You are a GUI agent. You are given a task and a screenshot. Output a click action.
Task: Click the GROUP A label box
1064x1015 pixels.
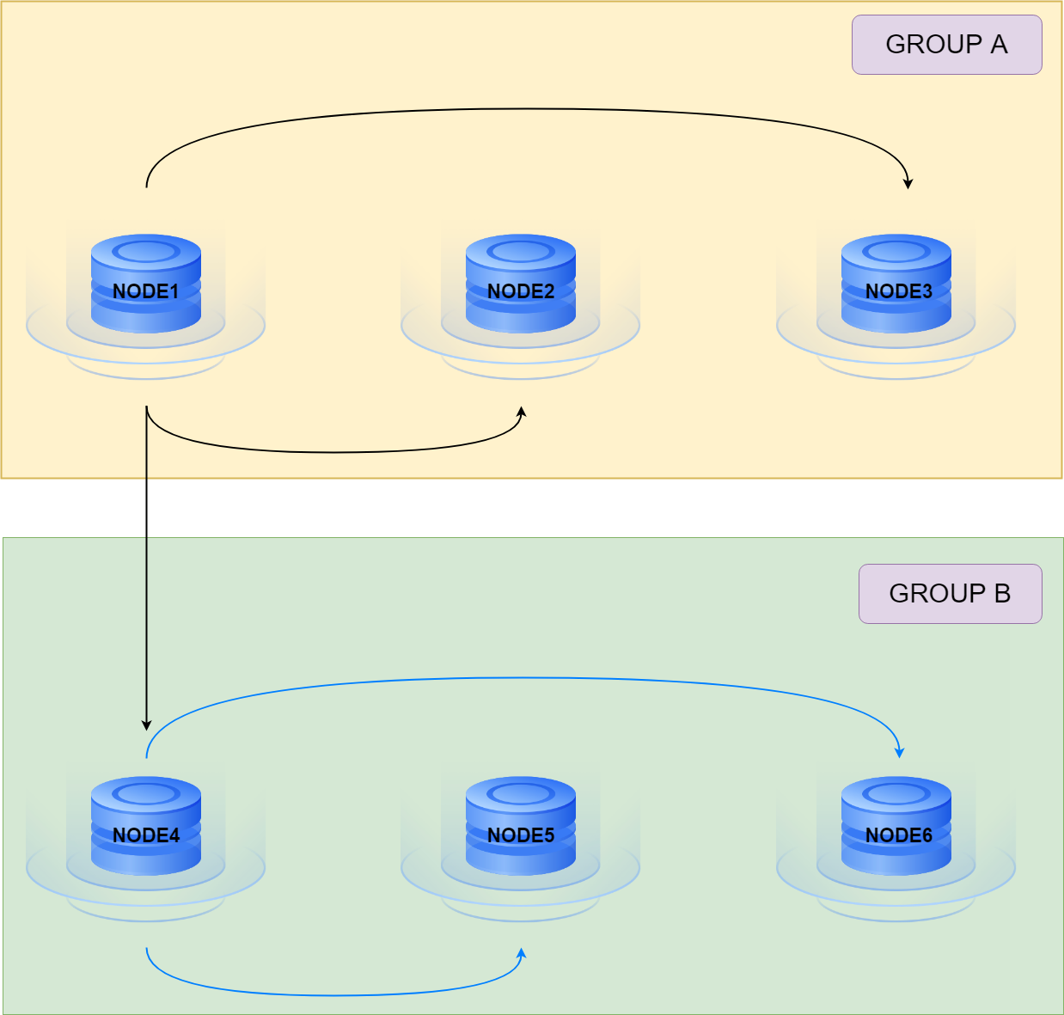[x=946, y=45]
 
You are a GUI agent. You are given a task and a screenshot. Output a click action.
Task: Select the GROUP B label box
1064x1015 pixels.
[x=950, y=594]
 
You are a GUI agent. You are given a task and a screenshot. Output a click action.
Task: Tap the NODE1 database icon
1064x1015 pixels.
[x=146, y=284]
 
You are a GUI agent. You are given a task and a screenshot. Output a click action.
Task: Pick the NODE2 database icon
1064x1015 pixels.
[x=521, y=284]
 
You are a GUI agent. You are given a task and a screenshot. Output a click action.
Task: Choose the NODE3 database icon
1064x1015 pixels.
[x=896, y=284]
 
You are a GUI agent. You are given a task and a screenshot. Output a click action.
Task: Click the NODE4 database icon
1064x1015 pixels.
[x=146, y=826]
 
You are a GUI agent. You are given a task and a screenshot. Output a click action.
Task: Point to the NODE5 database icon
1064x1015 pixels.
[x=521, y=826]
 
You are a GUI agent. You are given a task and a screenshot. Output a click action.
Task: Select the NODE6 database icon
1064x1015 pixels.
[x=896, y=826]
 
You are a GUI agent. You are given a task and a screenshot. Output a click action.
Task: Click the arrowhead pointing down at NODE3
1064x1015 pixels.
[x=908, y=183]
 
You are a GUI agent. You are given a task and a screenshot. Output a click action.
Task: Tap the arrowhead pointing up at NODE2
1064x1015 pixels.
[x=521, y=412]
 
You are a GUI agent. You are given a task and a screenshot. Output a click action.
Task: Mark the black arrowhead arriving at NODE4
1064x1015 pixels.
[x=146, y=725]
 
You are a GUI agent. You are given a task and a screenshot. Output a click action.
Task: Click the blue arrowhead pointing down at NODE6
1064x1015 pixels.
[x=900, y=752]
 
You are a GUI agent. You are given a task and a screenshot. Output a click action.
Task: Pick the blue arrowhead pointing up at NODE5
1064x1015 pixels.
[x=521, y=954]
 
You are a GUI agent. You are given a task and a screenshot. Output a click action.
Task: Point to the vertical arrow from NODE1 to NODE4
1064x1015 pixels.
[x=146, y=567]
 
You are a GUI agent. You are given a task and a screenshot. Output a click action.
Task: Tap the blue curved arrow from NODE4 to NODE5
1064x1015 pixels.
[x=335, y=995]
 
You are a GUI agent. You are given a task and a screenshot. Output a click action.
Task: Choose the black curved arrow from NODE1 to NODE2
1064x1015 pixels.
[x=335, y=452]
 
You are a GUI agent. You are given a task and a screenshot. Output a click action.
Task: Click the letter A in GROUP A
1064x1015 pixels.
[x=998, y=45]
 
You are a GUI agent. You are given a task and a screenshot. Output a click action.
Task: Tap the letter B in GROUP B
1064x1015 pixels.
[x=1001, y=594]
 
